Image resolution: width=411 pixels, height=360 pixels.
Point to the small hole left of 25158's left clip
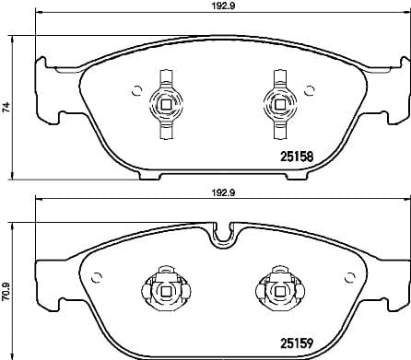pyautogui.click(x=136, y=90)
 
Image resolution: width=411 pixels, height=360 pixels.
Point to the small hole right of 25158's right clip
pyautogui.click(x=304, y=90)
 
